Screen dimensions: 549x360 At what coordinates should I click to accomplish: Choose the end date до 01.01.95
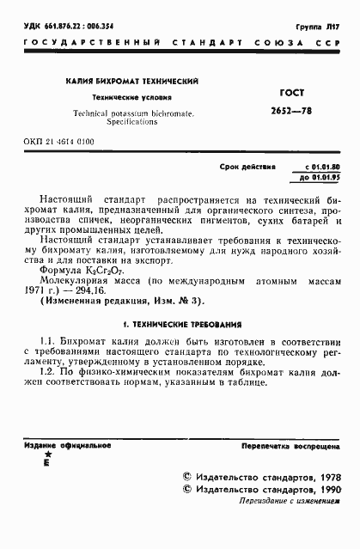click(x=322, y=178)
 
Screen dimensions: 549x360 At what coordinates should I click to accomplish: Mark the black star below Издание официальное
click(x=46, y=458)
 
